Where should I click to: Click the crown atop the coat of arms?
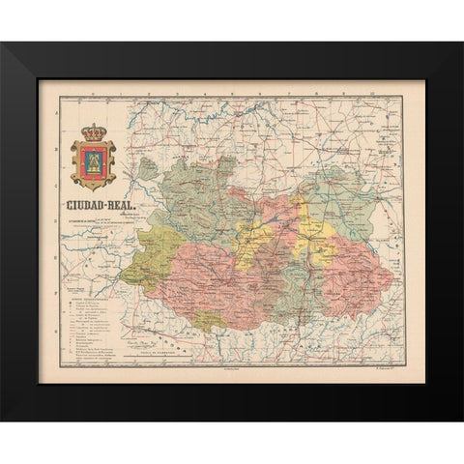coord(94,129)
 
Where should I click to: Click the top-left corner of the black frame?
coord(2,44)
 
